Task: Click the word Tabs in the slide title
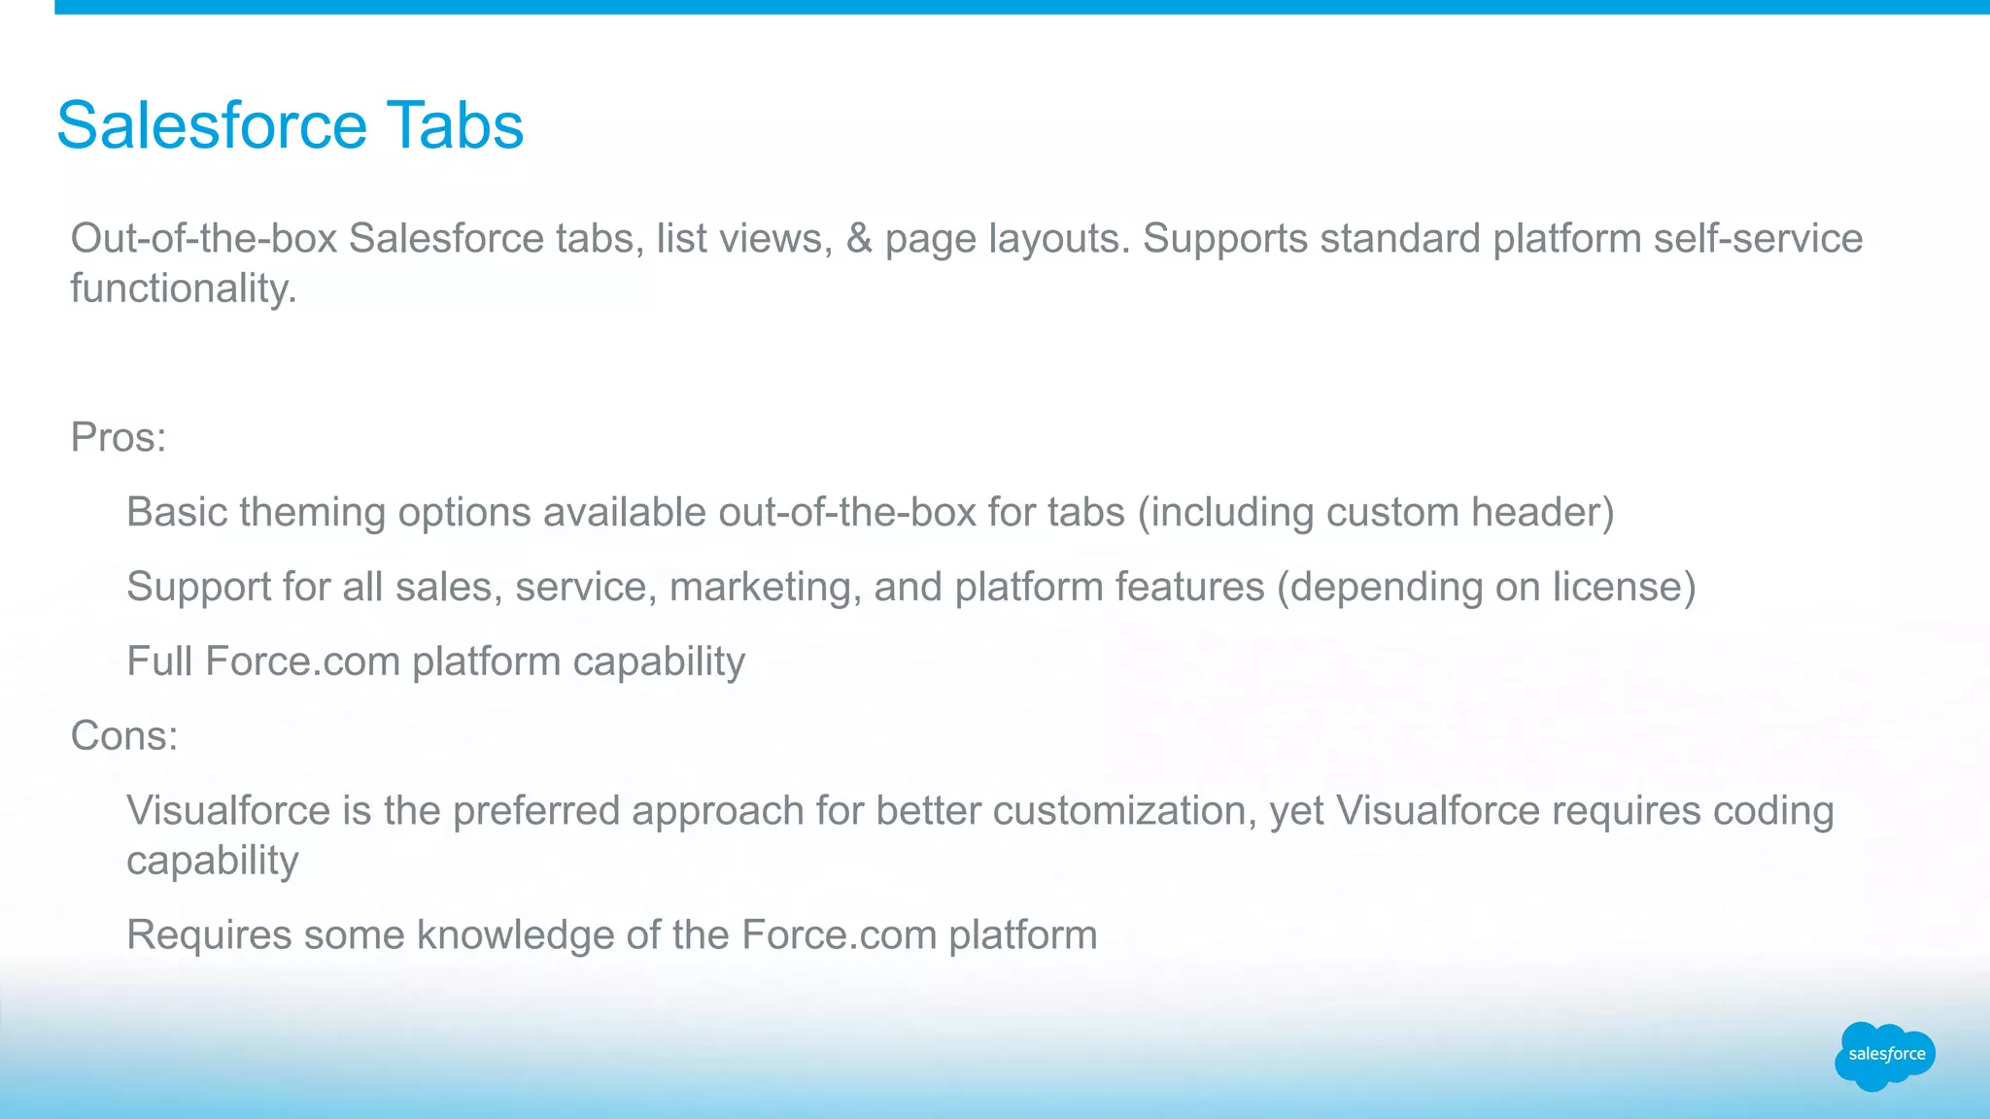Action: point(455,125)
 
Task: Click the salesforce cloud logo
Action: point(1885,1055)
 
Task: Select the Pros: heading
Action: point(119,437)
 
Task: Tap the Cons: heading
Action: point(124,735)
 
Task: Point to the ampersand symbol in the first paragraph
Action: point(859,239)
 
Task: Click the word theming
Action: point(312,513)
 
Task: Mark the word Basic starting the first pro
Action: point(176,512)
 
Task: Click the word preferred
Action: point(535,811)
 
